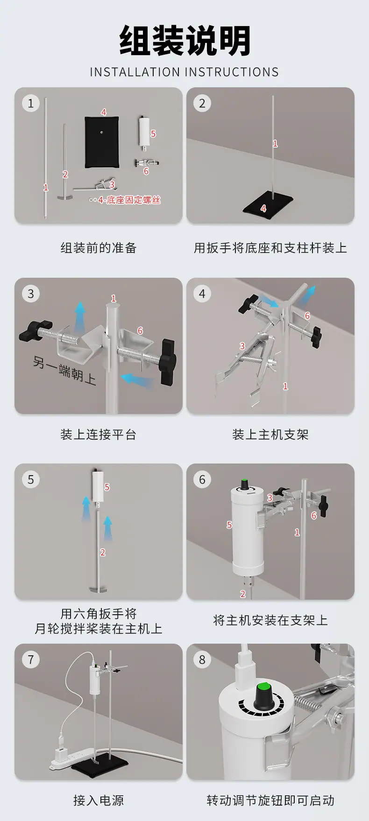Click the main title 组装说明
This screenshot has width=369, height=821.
pos(184,41)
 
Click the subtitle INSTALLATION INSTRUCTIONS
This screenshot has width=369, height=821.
pos(184,72)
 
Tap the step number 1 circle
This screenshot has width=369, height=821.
pos(31,103)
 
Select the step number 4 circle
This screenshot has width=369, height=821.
pos(202,294)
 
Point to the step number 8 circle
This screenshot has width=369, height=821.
pos(202,660)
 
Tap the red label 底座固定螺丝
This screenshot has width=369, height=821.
pos(134,200)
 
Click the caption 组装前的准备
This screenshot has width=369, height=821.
pos(99,248)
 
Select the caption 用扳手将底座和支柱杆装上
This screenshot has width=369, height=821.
pos(270,248)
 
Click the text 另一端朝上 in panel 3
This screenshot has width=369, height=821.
pos(65,369)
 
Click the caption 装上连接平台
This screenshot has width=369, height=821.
pos(99,435)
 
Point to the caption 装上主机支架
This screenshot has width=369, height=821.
pos(270,435)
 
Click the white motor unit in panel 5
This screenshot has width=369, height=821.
pos(97,486)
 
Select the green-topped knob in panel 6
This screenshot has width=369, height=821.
pos(243,484)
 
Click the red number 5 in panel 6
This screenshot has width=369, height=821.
pos(229,525)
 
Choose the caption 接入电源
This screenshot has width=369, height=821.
pos(99,800)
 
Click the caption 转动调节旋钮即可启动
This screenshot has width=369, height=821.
pos(270,800)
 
